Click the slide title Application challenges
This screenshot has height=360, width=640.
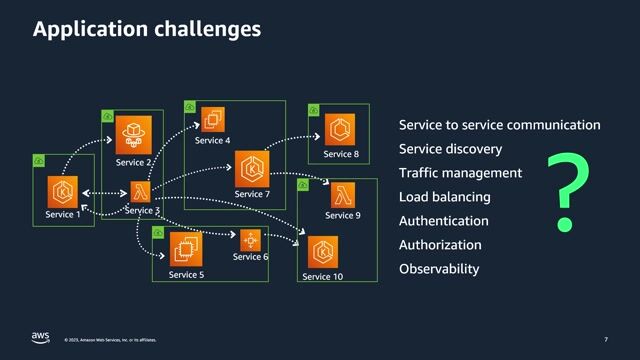(147, 29)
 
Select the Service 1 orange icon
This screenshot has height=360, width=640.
(63, 190)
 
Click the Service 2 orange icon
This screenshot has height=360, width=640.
(134, 134)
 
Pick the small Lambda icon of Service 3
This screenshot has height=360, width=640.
(140, 191)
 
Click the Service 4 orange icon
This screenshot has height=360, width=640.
(212, 120)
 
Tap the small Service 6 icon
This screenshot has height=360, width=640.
(249, 240)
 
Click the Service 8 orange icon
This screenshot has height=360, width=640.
(340, 129)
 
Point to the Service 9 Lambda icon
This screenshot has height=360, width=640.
(343, 194)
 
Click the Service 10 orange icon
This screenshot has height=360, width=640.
(322, 252)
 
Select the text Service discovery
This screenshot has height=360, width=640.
(450, 149)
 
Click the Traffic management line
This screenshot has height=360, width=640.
(460, 173)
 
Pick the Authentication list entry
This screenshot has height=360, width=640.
(443, 221)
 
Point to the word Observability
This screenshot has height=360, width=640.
(439, 269)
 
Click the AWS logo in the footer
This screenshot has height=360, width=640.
(40, 336)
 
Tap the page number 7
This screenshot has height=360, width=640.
(606, 339)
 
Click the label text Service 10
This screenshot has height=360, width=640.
(323, 277)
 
